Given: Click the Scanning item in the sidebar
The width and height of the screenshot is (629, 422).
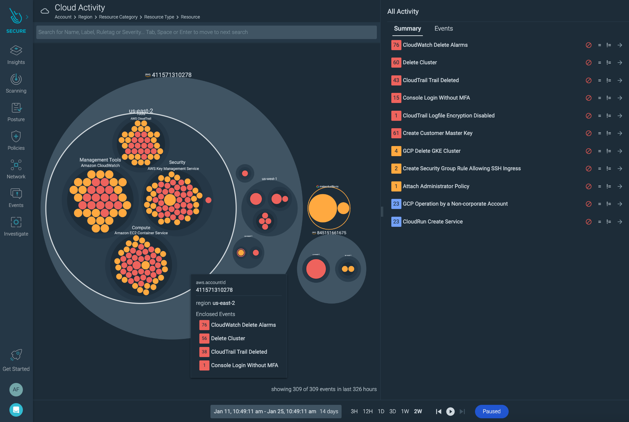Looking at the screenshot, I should click(16, 83).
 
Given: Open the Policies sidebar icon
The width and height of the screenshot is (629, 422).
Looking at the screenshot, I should click(16, 141).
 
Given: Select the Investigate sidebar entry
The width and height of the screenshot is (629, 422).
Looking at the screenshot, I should click(16, 226).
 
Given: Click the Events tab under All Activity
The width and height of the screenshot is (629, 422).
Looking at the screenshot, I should click(443, 29).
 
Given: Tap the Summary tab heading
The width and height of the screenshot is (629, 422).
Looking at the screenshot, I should click(407, 29).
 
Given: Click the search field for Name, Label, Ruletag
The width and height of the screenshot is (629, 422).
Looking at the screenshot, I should click(206, 32).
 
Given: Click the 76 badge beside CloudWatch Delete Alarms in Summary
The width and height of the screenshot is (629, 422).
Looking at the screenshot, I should click(396, 45).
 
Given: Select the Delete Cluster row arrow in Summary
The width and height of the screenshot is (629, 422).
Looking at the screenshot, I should click(620, 63).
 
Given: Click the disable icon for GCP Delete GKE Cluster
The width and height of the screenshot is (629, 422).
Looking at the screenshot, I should click(588, 151).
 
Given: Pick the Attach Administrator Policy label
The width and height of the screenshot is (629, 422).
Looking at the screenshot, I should click(436, 186).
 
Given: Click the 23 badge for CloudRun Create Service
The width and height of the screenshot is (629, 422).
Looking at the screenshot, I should click(396, 222).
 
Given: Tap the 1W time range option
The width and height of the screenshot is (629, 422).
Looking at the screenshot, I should click(405, 411).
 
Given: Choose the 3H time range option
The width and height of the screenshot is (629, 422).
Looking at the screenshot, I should click(354, 411).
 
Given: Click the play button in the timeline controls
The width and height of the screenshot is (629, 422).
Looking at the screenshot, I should click(450, 411).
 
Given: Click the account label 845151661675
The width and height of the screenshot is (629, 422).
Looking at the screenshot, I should click(331, 233).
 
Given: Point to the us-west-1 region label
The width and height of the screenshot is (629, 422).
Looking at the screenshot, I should click(269, 179).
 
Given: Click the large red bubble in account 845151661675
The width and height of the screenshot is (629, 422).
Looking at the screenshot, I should click(316, 269).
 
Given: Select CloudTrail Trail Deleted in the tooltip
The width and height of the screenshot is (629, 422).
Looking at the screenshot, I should click(239, 352).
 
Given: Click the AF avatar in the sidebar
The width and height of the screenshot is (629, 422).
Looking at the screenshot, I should click(16, 390).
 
